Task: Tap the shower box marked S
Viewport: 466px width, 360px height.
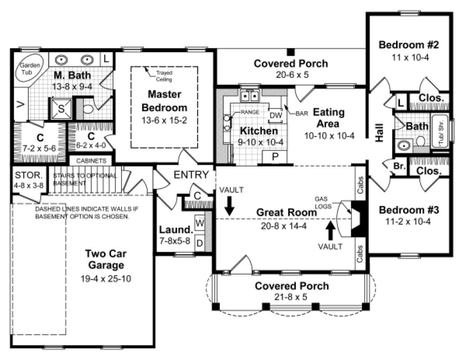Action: click(61, 108)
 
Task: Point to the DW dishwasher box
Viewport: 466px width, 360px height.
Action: click(275, 115)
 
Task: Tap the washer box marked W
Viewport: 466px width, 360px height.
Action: click(199, 222)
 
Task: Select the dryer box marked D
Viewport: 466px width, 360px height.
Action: click(199, 242)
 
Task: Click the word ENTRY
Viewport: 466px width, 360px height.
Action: click(191, 175)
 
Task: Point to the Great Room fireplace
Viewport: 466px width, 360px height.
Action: click(358, 218)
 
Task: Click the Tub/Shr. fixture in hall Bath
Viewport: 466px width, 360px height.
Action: click(439, 131)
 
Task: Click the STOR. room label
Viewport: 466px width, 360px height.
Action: click(25, 176)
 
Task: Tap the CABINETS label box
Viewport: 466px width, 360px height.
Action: click(91, 161)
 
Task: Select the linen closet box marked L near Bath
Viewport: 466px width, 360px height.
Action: click(400, 101)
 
